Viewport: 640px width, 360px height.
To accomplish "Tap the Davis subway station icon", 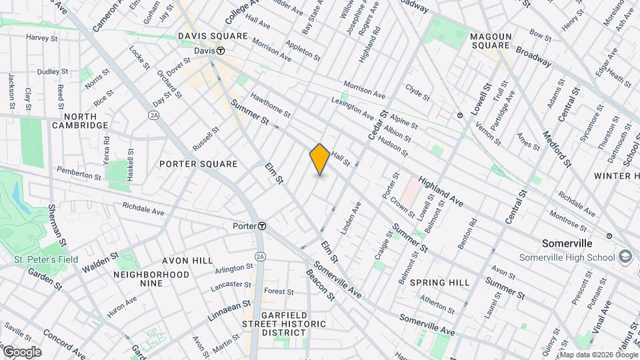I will (x=219, y=51).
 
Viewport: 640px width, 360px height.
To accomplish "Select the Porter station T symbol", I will (x=263, y=226).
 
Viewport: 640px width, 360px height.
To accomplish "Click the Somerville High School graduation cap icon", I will (x=625, y=256).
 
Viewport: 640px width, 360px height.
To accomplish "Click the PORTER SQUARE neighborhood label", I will (x=199, y=164).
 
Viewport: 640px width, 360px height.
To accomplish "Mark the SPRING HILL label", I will (x=439, y=283).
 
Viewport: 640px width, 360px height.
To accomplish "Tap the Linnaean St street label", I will (x=229, y=311).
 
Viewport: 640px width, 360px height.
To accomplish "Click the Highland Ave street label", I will (x=440, y=191).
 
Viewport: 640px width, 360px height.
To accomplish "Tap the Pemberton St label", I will (x=79, y=175).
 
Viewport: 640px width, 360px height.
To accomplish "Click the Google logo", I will (x=21, y=352).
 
